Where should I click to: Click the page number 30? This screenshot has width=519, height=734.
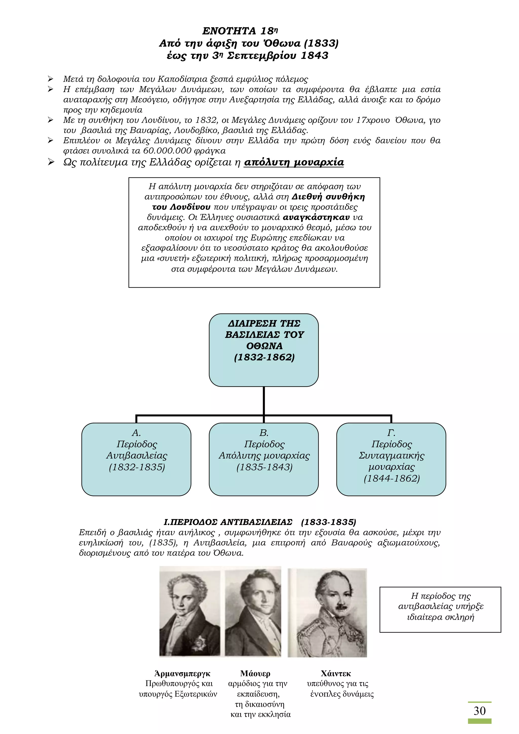click(479, 711)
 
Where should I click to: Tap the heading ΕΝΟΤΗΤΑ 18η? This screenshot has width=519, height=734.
click(240, 31)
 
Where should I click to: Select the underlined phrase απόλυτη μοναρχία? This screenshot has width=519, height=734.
click(294, 162)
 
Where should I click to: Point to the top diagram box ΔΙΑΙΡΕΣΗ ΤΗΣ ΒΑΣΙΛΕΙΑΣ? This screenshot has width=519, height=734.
click(264, 350)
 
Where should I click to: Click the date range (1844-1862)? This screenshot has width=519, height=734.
click(392, 478)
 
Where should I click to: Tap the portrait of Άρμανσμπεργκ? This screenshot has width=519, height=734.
click(190, 611)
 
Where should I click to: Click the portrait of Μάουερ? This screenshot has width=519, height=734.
click(253, 611)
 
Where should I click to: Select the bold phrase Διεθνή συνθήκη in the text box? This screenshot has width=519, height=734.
click(328, 197)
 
